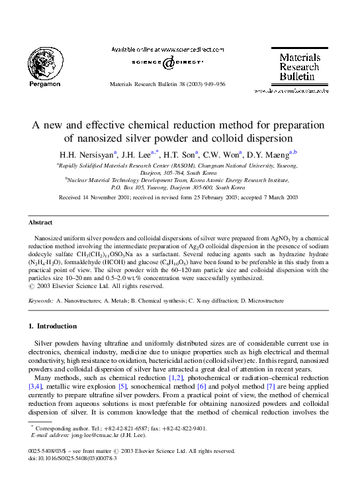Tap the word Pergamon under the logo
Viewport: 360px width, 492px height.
[45, 84]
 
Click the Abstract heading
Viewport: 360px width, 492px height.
[40, 223]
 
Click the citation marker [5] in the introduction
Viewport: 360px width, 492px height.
[140, 387]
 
